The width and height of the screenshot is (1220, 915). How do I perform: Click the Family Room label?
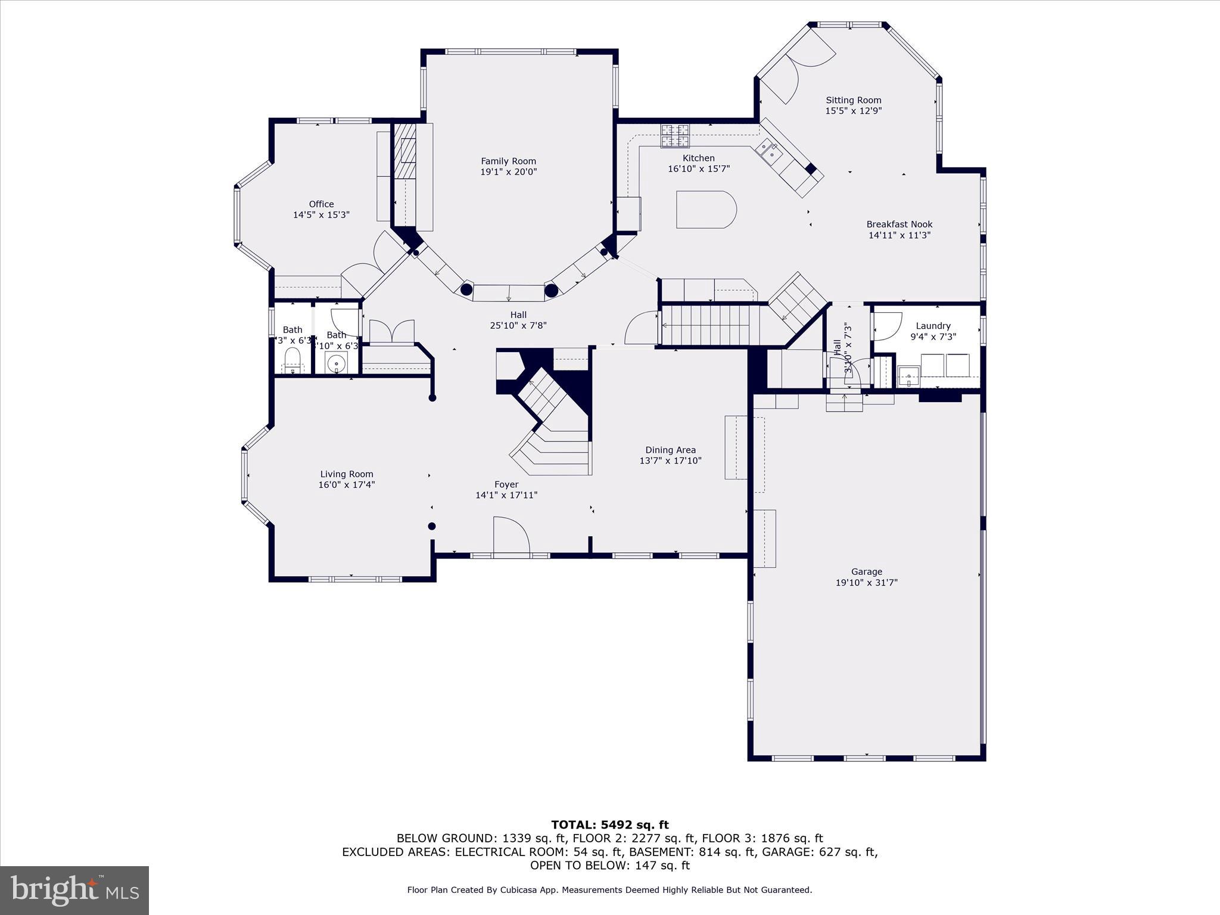[508, 161]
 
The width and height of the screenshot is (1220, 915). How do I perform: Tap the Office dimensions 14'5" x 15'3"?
[321, 214]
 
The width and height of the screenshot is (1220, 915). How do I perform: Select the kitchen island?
[706, 209]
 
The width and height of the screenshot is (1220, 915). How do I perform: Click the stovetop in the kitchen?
[674, 135]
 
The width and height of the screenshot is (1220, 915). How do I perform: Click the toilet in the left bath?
[292, 359]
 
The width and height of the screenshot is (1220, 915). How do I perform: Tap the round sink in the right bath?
[337, 362]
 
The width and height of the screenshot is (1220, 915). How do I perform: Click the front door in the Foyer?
[511, 536]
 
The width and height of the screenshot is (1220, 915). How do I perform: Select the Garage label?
[866, 571]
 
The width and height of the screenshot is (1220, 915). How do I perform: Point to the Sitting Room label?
[853, 100]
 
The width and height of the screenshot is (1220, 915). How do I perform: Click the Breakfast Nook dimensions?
[899, 235]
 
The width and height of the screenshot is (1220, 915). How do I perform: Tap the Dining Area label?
[670, 450]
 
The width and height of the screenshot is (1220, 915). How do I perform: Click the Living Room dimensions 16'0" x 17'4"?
[346, 485]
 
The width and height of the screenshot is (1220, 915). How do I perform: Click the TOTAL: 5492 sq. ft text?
[609, 824]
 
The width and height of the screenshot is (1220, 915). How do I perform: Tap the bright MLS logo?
[74, 890]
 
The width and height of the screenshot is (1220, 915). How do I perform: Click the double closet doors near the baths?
[391, 331]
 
